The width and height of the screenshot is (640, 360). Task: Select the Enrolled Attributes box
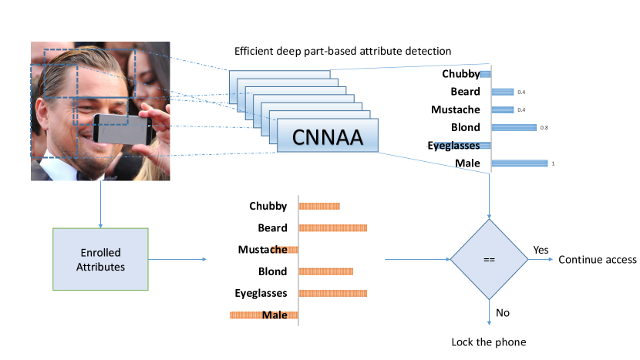(x=99, y=259)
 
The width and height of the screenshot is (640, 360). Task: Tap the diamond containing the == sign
(x=489, y=259)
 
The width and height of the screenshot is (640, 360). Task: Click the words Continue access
(x=598, y=259)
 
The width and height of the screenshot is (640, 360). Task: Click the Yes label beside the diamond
(x=541, y=251)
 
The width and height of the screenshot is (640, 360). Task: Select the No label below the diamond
(x=503, y=313)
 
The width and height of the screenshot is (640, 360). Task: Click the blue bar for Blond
(x=514, y=127)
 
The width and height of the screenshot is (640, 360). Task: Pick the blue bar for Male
(x=519, y=163)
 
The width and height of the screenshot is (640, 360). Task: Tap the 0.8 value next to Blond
(x=544, y=128)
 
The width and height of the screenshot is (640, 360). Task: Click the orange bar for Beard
(x=333, y=227)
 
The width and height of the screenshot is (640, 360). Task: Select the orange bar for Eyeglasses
(x=333, y=293)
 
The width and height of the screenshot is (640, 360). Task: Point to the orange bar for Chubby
(x=319, y=206)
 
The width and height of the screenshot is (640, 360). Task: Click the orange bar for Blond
(x=326, y=271)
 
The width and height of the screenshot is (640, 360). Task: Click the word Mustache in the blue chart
(x=456, y=109)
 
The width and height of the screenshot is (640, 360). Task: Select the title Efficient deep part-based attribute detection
(x=342, y=51)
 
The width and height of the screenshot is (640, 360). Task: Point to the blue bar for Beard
(x=502, y=92)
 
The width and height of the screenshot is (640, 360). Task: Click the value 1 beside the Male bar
(x=551, y=163)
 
